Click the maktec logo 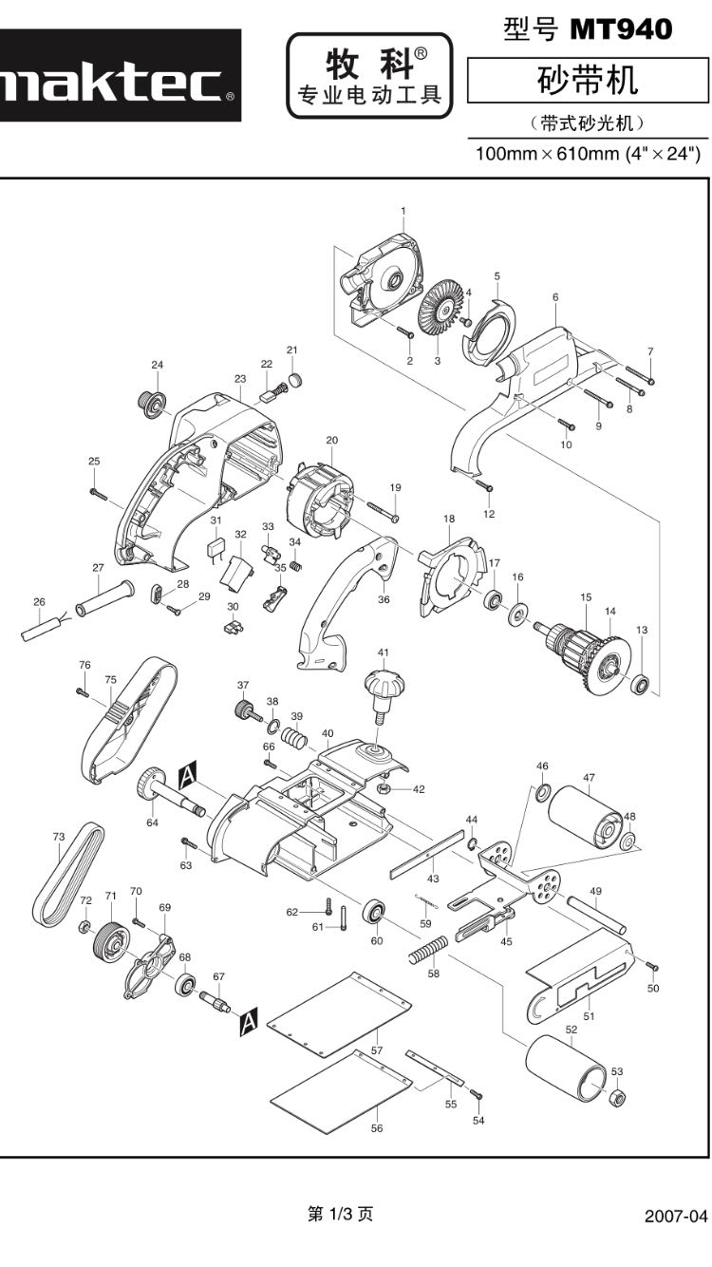click(x=114, y=86)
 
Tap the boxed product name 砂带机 click(x=588, y=81)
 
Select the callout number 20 click(x=332, y=440)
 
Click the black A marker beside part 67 click(x=248, y=1021)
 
